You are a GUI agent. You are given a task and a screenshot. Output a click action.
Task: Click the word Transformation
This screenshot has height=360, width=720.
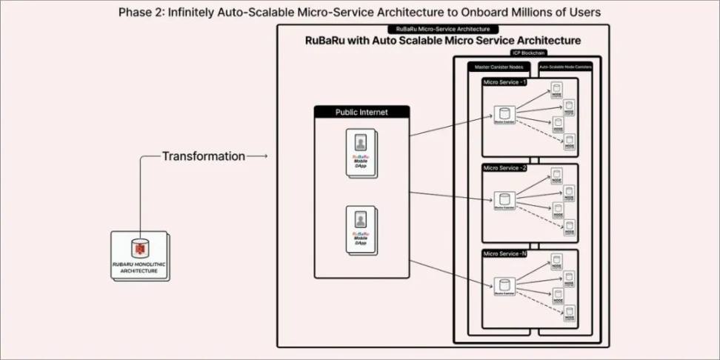pyautogui.click(x=203, y=156)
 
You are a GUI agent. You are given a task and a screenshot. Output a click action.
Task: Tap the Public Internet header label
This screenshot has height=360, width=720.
pyautogui.click(x=361, y=113)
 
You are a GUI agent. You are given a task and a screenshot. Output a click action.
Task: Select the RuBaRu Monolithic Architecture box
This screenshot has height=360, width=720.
pyautogui.click(x=139, y=256)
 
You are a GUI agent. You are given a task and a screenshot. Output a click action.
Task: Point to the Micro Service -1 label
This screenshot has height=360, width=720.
pyautogui.click(x=504, y=82)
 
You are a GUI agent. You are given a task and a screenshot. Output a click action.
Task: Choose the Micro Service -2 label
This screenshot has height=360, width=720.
pyautogui.click(x=504, y=168)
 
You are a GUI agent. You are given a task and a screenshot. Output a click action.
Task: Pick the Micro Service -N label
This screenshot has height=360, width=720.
pyautogui.click(x=504, y=254)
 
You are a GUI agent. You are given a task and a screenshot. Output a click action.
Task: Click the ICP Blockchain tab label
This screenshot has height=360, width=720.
pyautogui.click(x=527, y=53)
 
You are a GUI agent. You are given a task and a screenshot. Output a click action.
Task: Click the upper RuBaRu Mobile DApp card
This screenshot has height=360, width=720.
pyautogui.click(x=360, y=153)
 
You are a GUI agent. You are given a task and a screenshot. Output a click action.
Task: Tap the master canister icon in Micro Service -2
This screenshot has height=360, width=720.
pyautogui.click(x=504, y=200)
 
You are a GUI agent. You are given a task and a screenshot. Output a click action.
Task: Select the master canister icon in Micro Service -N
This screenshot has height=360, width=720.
pyautogui.click(x=504, y=286)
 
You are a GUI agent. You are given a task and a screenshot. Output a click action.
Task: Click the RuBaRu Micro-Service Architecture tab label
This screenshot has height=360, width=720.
pyautogui.click(x=442, y=28)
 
